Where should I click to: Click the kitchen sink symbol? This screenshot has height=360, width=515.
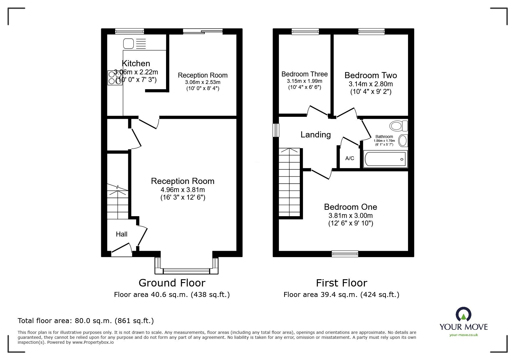[x=129, y=44]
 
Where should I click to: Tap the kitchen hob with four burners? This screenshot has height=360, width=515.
[x=115, y=78]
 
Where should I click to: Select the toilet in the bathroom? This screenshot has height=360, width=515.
[x=398, y=126]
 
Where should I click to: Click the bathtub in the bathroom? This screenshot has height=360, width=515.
[x=385, y=159]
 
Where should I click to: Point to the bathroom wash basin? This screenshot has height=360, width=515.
[x=403, y=141]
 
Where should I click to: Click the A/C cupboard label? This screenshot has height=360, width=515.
[x=350, y=158]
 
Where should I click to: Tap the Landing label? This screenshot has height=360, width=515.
[x=316, y=135]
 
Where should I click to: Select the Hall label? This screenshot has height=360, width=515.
[x=122, y=234]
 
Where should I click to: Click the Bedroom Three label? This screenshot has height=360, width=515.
[x=304, y=74]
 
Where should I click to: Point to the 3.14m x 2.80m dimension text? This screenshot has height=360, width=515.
[x=370, y=84]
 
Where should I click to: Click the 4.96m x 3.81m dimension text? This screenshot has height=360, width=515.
[x=183, y=190]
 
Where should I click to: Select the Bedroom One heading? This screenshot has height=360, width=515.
[x=350, y=207]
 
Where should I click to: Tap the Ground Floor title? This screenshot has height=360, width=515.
[x=172, y=283]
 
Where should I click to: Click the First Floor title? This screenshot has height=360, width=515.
[x=341, y=283]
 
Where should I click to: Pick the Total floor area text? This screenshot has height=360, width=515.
[x=85, y=321]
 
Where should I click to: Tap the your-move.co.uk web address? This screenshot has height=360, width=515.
[x=464, y=335]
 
